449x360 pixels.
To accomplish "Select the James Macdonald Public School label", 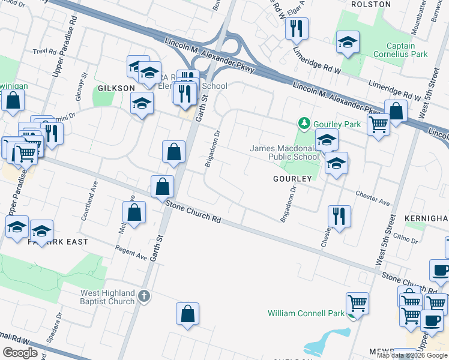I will pyautogui.click(x=285, y=152).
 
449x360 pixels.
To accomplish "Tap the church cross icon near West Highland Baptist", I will pyautogui.click(x=143, y=296).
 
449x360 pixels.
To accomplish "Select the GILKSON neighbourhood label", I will pyautogui.click(x=116, y=88).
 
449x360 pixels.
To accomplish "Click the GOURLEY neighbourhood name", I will pyautogui.click(x=292, y=179).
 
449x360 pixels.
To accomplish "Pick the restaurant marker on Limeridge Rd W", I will pyautogui.click(x=297, y=28).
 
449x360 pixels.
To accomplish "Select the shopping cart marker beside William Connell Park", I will pyautogui.click(x=358, y=304).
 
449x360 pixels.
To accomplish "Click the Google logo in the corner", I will pyautogui.click(x=20, y=353).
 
